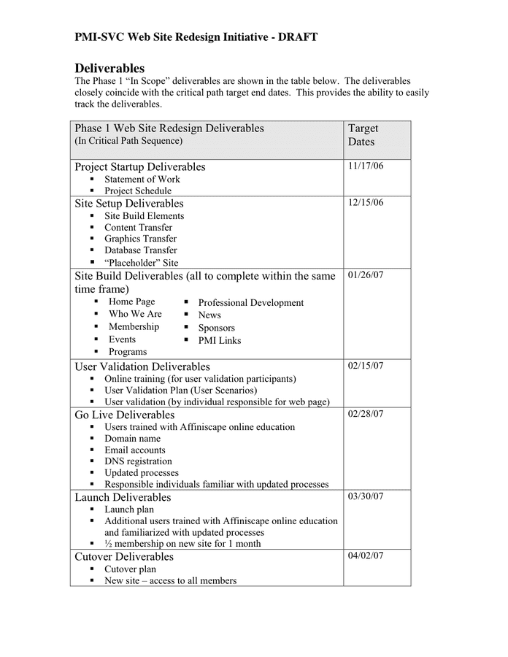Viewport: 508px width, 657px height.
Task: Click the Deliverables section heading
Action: tap(109, 68)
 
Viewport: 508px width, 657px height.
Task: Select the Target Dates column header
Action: tap(363, 135)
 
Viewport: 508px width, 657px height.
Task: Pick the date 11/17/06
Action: tap(366, 166)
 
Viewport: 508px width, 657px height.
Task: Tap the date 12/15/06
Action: tap(366, 203)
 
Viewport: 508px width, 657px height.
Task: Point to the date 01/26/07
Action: tap(366, 275)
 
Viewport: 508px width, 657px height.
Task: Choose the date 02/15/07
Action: tap(366, 366)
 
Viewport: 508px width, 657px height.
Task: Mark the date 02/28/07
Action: tap(366, 414)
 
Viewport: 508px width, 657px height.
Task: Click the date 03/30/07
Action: tap(366, 496)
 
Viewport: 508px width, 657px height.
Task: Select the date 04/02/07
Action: tap(366, 556)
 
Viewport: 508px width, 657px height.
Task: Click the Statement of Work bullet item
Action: tap(142, 179)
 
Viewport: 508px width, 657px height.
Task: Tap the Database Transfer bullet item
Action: tap(140, 250)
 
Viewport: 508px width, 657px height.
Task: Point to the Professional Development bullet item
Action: tap(250, 302)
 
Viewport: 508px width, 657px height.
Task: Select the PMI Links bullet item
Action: tap(219, 340)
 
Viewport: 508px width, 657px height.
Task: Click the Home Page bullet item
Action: tap(131, 301)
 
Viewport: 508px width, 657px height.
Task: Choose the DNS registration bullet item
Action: tap(138, 461)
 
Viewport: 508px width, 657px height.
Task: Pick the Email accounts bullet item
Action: tap(134, 450)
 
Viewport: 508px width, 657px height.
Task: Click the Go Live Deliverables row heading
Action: tap(125, 415)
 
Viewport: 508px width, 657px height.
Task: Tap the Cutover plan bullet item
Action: tap(130, 569)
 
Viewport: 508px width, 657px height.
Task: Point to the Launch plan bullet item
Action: tap(128, 510)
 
